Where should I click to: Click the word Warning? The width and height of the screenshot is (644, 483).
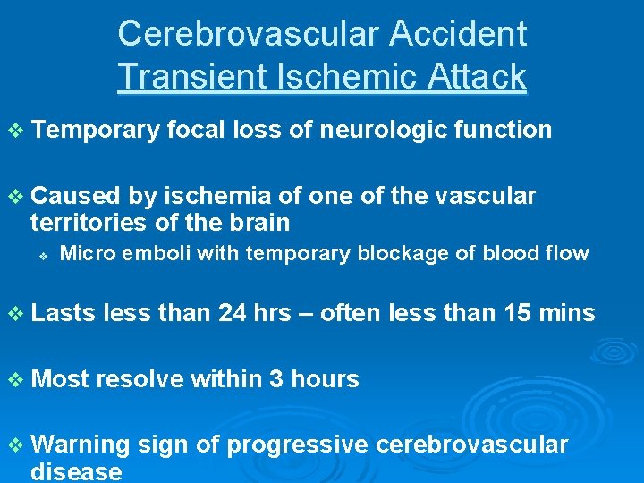click(80, 445)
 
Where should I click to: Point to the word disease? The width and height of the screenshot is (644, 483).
click(76, 471)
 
